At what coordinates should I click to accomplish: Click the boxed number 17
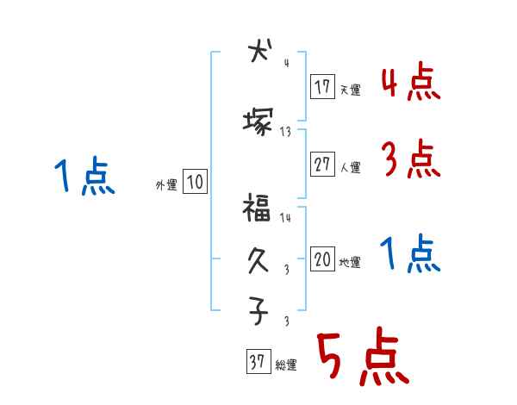coord(323,88)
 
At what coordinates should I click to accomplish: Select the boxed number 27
coord(323,165)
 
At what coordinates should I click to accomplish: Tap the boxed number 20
coord(323,260)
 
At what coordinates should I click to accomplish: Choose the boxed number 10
coord(195,182)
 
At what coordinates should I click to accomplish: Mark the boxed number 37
coord(257,363)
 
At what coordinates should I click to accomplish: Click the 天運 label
coord(351,90)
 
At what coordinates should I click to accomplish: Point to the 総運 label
coord(286,364)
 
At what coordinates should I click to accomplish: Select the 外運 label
coord(166,184)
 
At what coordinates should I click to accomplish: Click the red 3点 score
coord(410,160)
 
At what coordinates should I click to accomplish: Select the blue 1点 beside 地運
coord(410,254)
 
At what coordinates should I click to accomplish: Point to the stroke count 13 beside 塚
coord(285,132)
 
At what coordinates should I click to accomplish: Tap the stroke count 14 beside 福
coord(285,219)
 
